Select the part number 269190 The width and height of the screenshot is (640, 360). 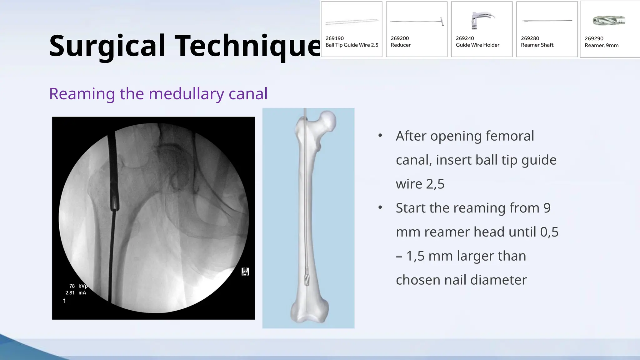click(334, 38)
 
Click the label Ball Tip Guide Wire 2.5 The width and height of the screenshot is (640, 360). click(352, 45)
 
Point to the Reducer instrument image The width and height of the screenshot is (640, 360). click(417, 21)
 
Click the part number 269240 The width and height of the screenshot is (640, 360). click(465, 38)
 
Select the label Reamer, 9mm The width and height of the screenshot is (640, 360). click(601, 45)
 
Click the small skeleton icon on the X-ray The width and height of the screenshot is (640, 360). click(245, 272)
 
